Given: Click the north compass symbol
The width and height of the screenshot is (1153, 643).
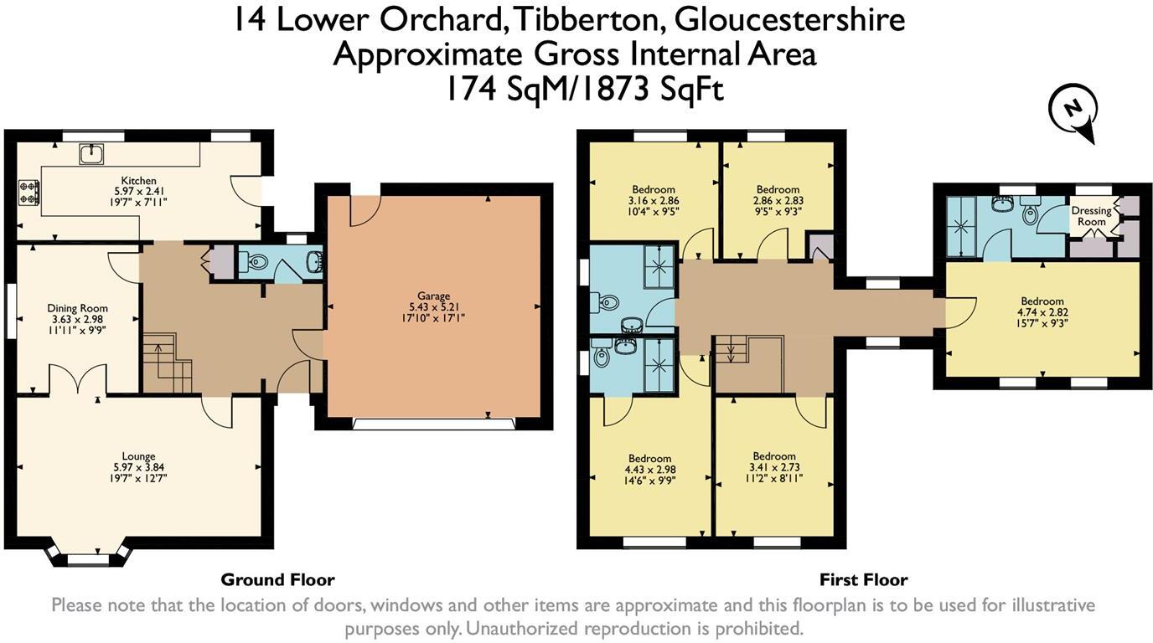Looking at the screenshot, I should [x=1073, y=114].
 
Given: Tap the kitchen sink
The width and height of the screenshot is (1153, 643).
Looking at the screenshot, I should [x=90, y=153].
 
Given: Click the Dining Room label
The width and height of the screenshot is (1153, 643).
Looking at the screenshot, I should [x=77, y=308].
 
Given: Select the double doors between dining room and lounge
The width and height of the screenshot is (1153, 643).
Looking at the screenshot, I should [x=77, y=379].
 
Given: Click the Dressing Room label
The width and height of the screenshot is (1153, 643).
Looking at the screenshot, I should [x=1091, y=216].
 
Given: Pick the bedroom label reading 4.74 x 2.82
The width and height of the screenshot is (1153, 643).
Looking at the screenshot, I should [x=1042, y=312].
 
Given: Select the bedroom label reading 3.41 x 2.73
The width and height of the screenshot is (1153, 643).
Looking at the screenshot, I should [x=773, y=467].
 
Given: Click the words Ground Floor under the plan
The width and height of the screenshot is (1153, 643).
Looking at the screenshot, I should [x=277, y=579].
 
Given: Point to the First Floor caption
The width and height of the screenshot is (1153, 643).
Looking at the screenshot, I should [x=863, y=579].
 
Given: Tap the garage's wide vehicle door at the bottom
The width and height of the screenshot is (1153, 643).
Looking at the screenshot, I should [x=434, y=424].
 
